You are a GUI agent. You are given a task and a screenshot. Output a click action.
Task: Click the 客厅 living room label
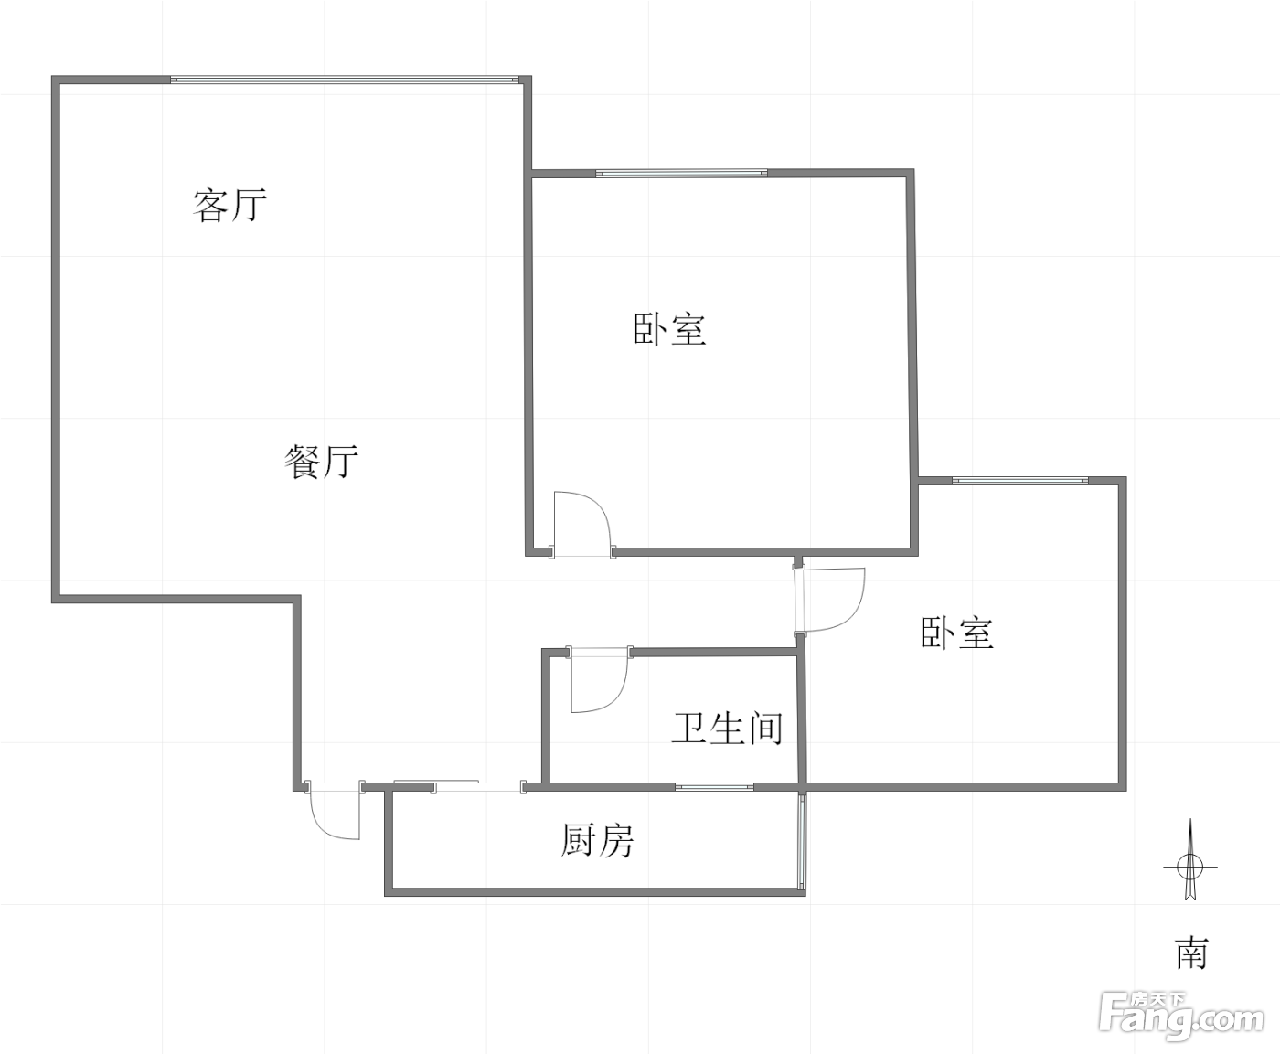pyautogui.click(x=229, y=205)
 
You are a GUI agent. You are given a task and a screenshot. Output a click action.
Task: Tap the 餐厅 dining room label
pyautogui.click(x=321, y=463)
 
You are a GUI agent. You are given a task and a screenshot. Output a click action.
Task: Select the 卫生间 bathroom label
pyautogui.click(x=728, y=729)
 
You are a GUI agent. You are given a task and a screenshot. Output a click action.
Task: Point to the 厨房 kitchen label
pyautogui.click(x=597, y=840)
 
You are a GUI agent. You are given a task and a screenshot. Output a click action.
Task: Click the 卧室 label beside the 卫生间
pyautogui.click(x=957, y=633)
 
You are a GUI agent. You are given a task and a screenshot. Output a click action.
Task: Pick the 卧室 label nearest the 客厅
pyautogui.click(x=669, y=329)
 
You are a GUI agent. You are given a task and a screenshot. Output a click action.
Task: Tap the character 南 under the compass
pyautogui.click(x=1191, y=953)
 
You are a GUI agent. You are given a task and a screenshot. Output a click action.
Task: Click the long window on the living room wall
pyautogui.click(x=345, y=80)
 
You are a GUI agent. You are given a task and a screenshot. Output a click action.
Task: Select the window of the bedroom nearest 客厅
pyautogui.click(x=681, y=173)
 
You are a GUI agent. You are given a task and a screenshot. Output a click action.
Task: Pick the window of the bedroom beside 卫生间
pyautogui.click(x=1020, y=481)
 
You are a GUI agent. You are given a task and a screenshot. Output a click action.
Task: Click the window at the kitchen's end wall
pyautogui.click(x=802, y=840)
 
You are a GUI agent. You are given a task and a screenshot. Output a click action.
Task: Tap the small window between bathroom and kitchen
pyautogui.click(x=714, y=787)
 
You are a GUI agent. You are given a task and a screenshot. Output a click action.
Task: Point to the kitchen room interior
pyautogui.click(x=594, y=839)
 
